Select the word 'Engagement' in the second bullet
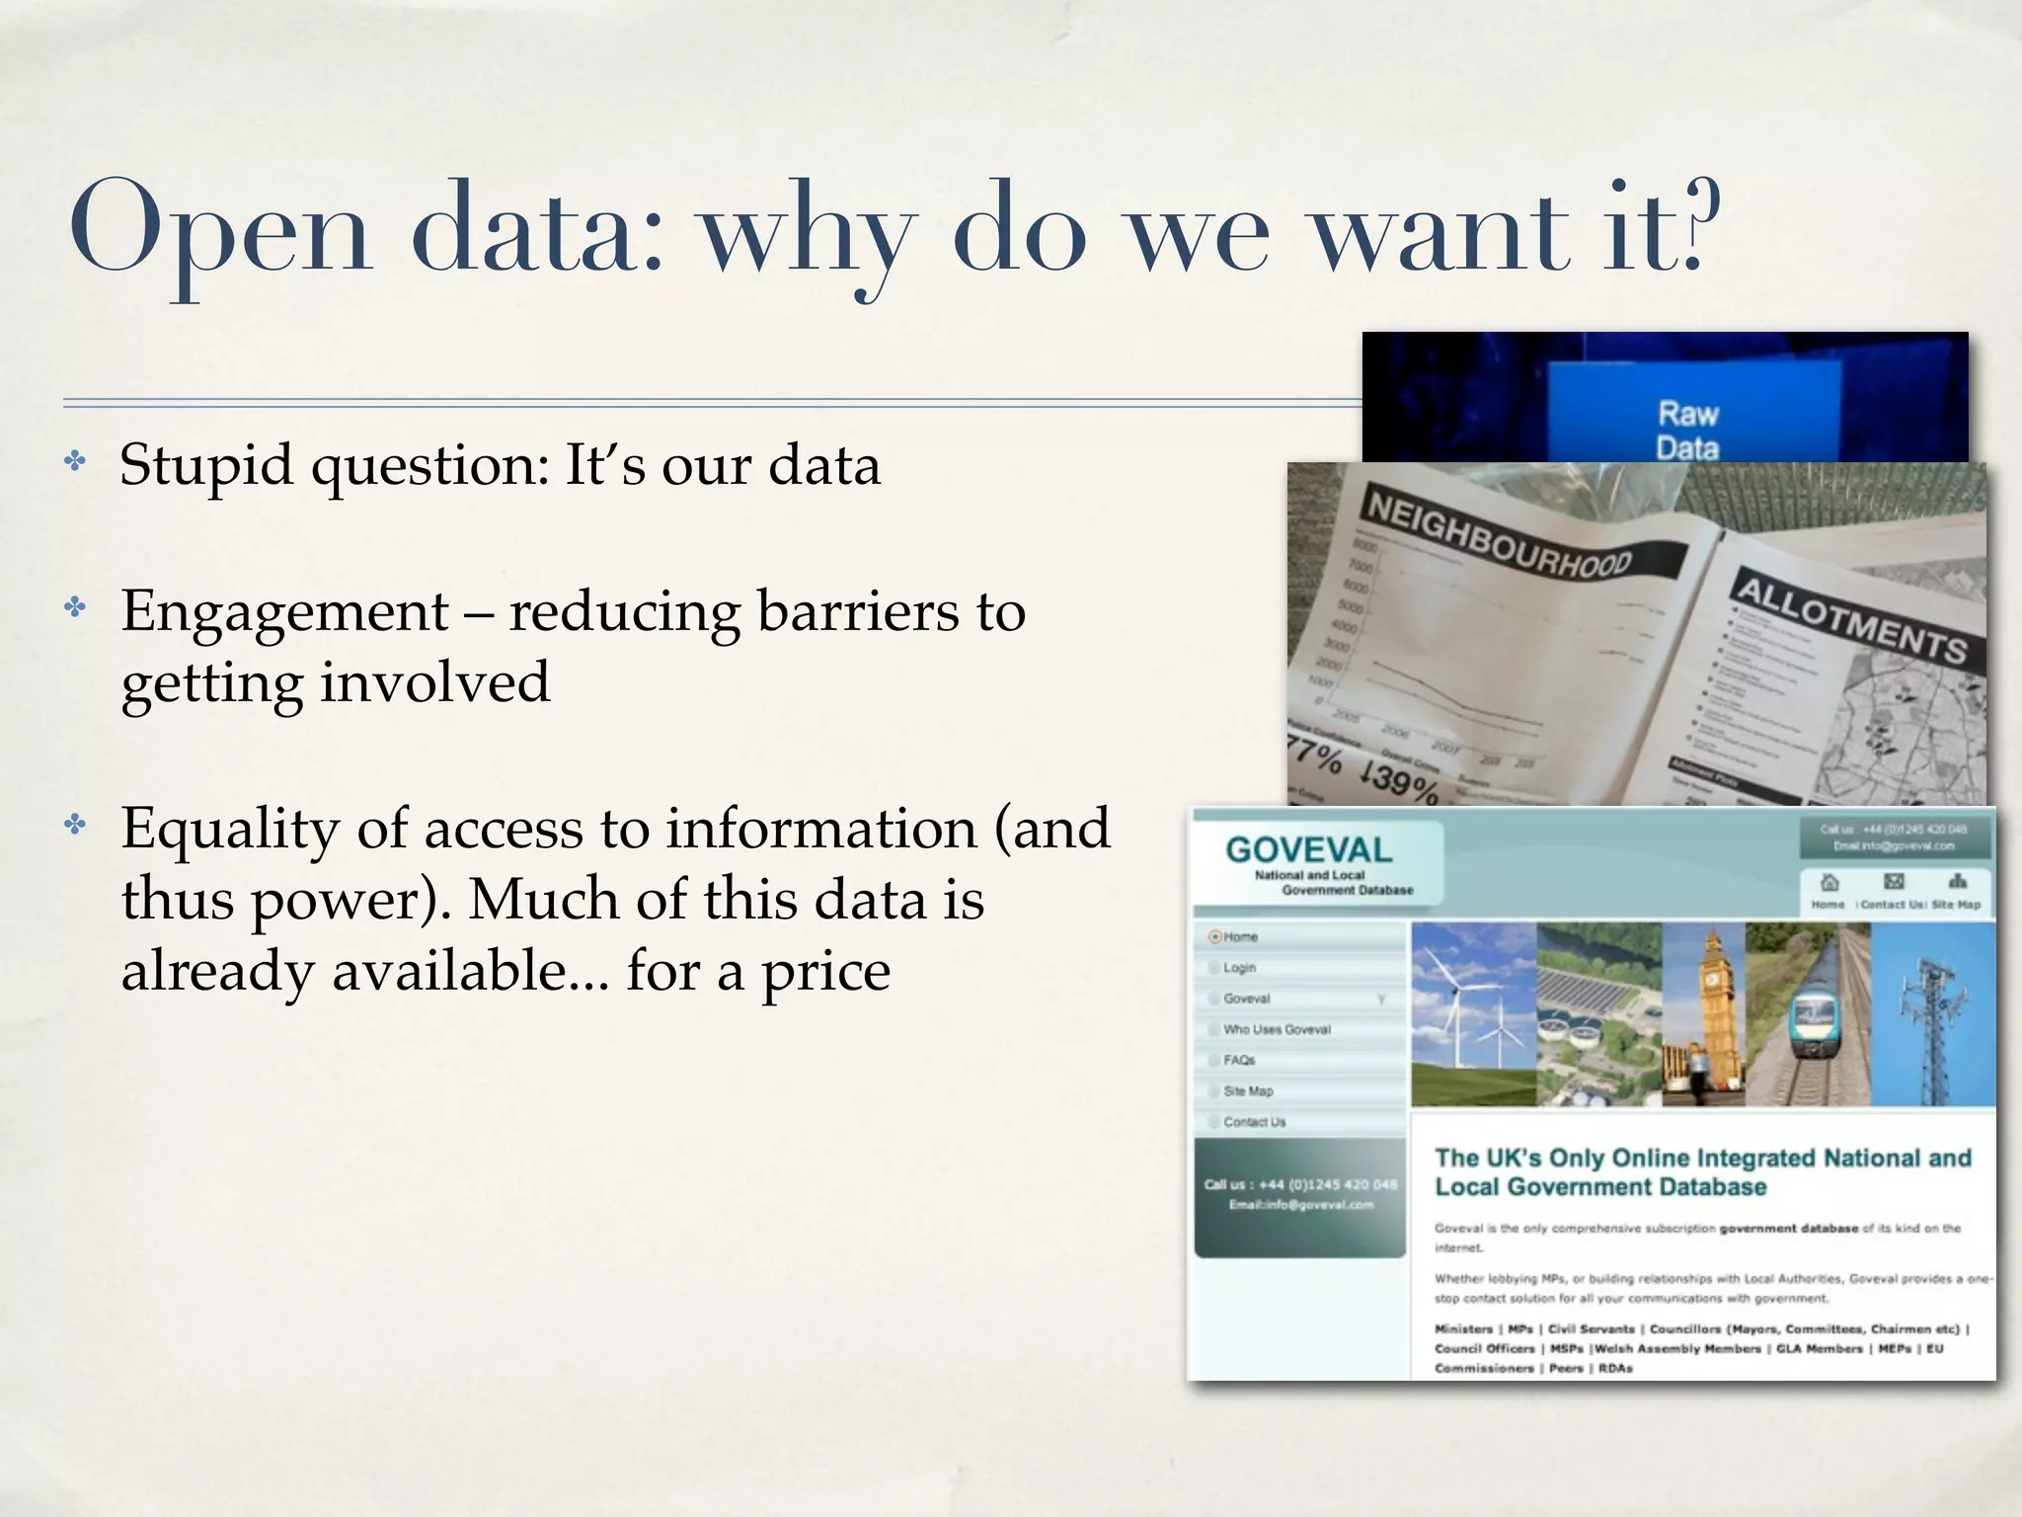(x=284, y=611)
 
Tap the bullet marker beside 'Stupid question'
(x=75, y=461)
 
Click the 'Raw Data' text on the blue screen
(x=1687, y=431)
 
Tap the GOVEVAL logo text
(x=1308, y=850)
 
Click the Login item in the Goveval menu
(x=1239, y=968)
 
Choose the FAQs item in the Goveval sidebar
(x=1239, y=1061)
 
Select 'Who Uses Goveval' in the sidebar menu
(x=1277, y=1029)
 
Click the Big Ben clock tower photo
(x=1704, y=1013)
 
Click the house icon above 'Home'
(x=1828, y=882)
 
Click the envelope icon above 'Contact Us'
(x=1894, y=881)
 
